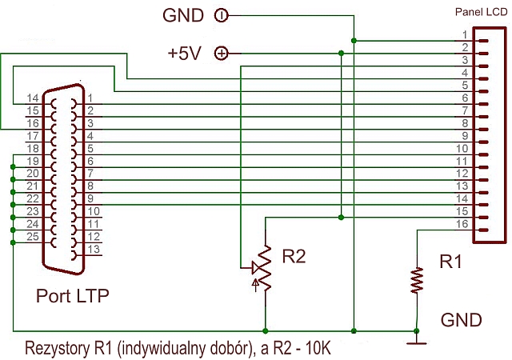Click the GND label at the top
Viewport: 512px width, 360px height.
click(x=185, y=15)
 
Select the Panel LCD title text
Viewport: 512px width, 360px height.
click(x=479, y=13)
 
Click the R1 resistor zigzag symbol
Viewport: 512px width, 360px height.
click(x=416, y=280)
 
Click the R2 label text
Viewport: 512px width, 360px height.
click(x=294, y=256)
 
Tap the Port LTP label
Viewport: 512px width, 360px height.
click(x=72, y=296)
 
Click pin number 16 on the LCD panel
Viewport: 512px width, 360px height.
click(x=462, y=223)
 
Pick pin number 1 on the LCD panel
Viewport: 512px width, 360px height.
click(x=465, y=34)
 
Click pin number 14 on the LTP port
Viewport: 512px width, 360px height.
click(x=33, y=98)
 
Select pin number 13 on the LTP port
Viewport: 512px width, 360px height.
click(x=93, y=250)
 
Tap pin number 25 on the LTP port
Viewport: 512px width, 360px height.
click(x=33, y=238)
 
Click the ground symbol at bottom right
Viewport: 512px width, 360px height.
click(x=416, y=342)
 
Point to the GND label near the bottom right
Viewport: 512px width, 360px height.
click(x=462, y=321)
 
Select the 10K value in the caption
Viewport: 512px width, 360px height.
click(x=314, y=350)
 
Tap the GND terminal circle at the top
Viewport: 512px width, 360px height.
click(x=222, y=15)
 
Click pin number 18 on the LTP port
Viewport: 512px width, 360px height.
click(x=33, y=149)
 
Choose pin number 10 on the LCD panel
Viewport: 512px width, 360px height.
click(x=462, y=148)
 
